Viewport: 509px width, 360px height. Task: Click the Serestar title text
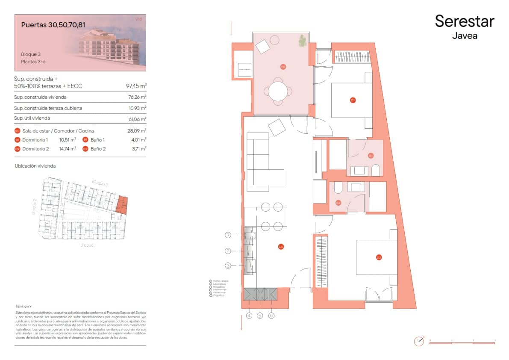click(x=465, y=21)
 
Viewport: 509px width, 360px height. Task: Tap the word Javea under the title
click(x=465, y=36)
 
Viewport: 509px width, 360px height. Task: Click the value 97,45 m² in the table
click(x=136, y=86)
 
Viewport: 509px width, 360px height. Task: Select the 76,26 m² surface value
click(x=137, y=97)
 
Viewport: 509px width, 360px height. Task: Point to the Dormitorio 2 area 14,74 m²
click(x=68, y=149)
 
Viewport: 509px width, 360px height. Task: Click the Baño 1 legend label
click(x=97, y=140)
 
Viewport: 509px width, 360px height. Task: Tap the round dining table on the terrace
click(x=278, y=91)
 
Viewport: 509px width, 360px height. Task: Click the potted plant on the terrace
click(x=303, y=41)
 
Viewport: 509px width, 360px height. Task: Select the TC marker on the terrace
click(x=283, y=67)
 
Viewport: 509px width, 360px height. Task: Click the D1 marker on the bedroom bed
click(x=353, y=100)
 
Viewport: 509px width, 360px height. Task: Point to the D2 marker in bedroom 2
click(x=379, y=257)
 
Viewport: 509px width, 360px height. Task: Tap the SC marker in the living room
click(x=281, y=247)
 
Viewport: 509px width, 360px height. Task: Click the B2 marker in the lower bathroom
click(x=338, y=203)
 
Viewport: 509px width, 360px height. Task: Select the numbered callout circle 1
click(x=228, y=235)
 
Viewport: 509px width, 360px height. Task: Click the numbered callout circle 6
click(x=271, y=316)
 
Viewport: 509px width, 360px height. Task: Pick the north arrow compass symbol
click(x=419, y=341)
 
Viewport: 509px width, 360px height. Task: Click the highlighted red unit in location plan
click(x=122, y=204)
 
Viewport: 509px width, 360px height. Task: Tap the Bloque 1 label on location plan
click(x=88, y=245)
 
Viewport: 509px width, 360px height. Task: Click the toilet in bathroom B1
click(x=376, y=171)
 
